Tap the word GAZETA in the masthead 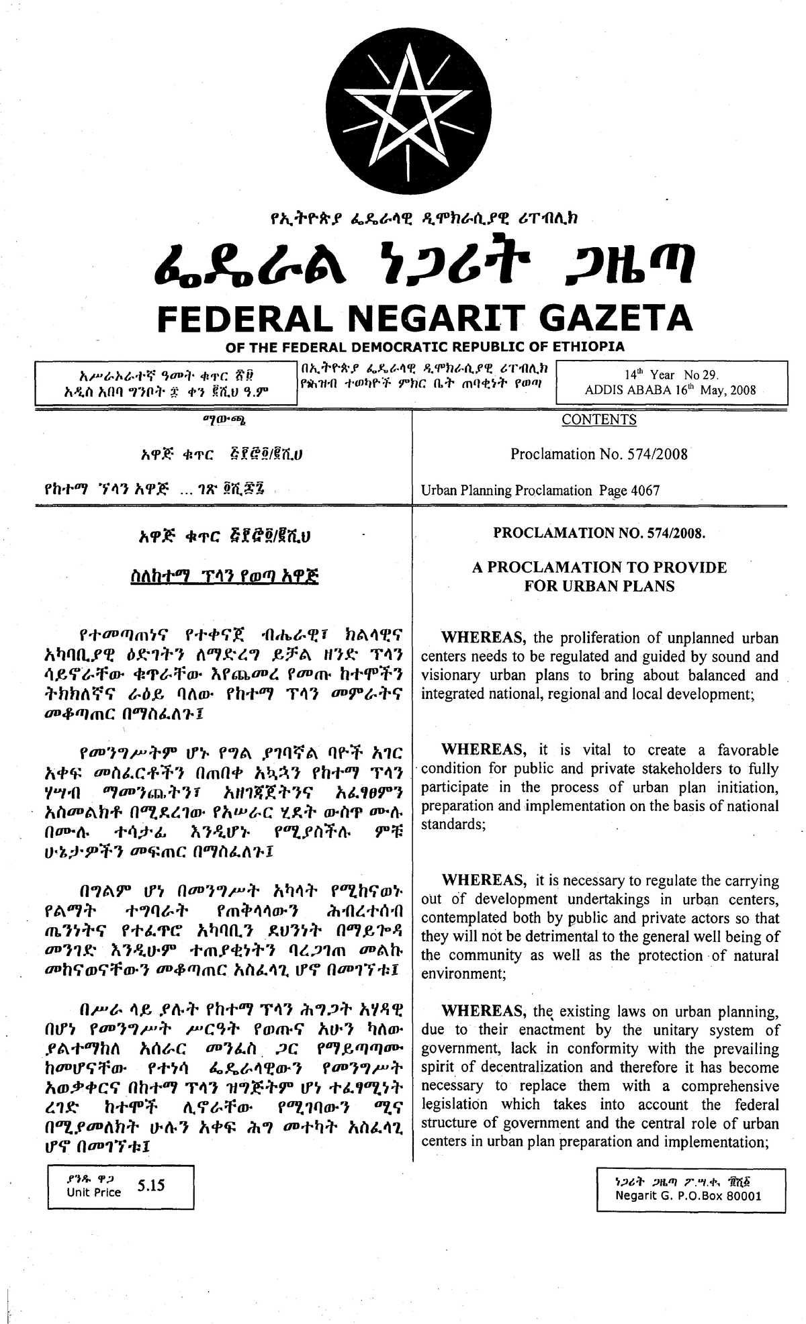coord(615,318)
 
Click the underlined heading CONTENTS coord(598,420)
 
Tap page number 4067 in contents coord(645,490)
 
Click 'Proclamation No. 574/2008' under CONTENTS coord(598,454)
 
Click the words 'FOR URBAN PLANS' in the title coord(599,586)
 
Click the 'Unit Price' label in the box coord(94,1192)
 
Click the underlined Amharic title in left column coord(225,577)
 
